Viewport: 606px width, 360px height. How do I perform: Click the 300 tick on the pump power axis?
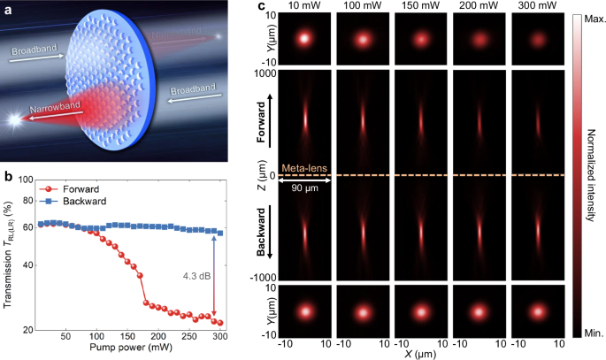click(x=219, y=338)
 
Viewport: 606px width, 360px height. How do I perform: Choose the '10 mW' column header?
click(x=304, y=7)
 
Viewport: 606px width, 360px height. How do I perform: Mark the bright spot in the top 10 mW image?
click(x=304, y=39)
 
